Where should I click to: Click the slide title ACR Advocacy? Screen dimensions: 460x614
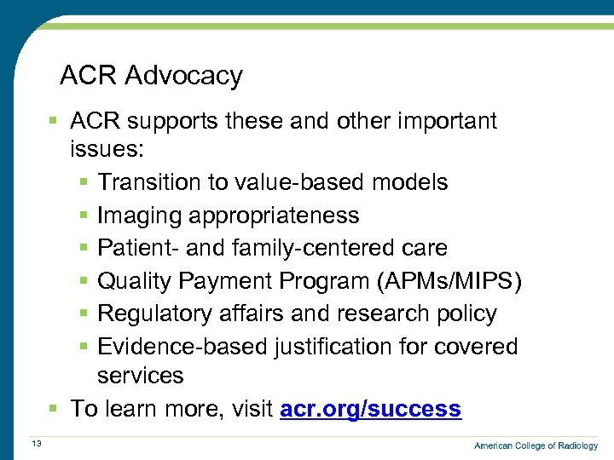151,76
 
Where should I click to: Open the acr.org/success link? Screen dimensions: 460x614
370,409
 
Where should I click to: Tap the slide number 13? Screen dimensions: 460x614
37,442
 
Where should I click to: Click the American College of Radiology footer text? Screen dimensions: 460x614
536,446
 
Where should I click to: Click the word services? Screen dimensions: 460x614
140,376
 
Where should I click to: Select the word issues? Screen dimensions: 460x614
107,150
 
